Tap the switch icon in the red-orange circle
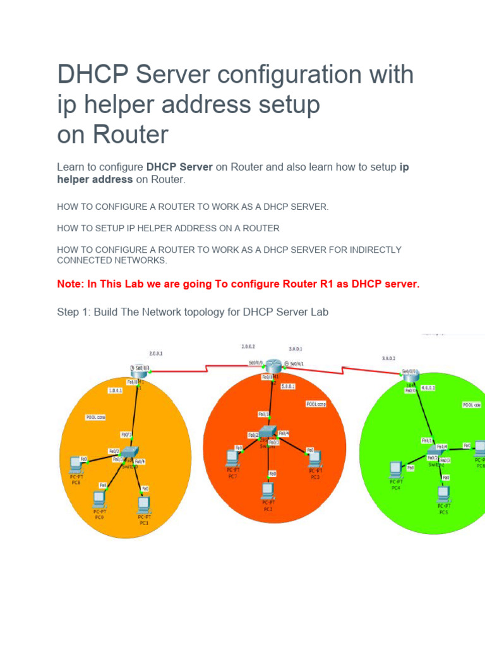tap(268, 432)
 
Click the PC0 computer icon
tap(100, 499)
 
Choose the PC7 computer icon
tap(232, 457)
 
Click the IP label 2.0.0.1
tap(155, 354)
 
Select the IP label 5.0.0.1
tap(287, 386)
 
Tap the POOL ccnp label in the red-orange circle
tap(316, 403)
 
